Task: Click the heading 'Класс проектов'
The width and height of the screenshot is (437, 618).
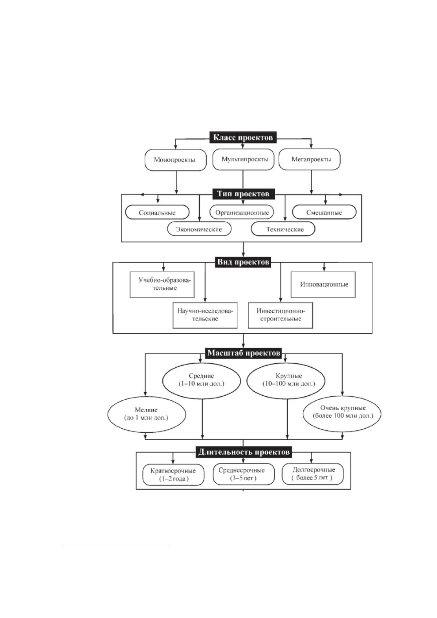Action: tap(243, 137)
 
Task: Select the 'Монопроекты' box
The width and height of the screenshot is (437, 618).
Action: tap(175, 160)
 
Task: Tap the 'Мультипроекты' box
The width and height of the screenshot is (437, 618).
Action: tap(243, 160)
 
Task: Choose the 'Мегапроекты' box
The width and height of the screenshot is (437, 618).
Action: tap(309, 159)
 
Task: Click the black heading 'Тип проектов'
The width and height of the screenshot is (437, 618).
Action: tap(243, 194)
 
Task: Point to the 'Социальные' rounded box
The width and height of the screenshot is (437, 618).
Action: tap(157, 213)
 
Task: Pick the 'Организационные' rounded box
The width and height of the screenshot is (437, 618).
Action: tap(242, 212)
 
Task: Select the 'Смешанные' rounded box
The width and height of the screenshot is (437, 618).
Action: tap(324, 212)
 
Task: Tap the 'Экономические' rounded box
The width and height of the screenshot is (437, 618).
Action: tap(199, 229)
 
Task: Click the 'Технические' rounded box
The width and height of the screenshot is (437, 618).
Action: tap(283, 229)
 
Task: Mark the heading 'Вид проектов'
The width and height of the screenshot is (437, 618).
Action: tap(243, 262)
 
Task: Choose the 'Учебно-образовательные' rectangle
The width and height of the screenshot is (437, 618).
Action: tap(162, 285)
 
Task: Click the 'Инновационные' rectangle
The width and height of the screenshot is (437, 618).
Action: tap(323, 284)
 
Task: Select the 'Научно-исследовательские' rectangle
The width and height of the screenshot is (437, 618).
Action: tap(205, 315)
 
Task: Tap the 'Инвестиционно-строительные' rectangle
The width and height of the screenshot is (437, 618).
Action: tap(281, 315)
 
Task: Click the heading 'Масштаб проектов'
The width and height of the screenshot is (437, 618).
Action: tap(244, 353)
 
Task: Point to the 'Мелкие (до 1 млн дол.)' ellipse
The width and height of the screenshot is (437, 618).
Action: tap(146, 414)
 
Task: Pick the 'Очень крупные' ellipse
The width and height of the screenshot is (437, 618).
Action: tap(342, 412)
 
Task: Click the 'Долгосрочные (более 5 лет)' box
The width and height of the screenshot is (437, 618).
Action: tap(313, 474)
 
